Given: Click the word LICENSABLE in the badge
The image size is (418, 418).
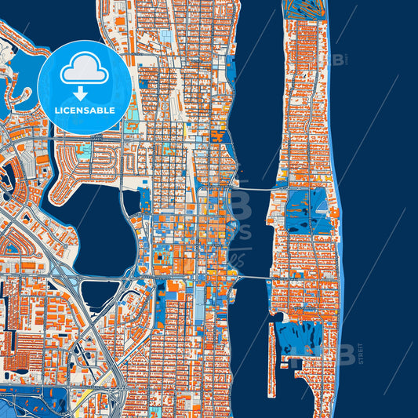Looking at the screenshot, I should point(85,110).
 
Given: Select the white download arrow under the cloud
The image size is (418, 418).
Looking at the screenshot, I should point(85,93).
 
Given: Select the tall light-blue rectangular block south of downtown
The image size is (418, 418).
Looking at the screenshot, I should point(199,302).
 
